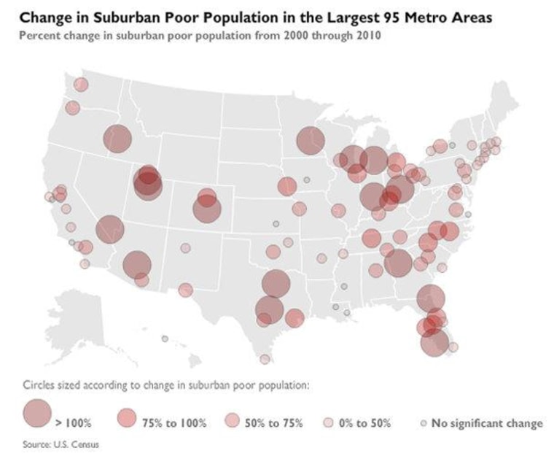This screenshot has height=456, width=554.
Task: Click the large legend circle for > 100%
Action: (x=37, y=414)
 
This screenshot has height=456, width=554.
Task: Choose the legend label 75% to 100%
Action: (x=173, y=422)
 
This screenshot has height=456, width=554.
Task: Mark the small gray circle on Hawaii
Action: (x=165, y=339)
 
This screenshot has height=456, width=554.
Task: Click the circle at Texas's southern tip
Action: (x=265, y=359)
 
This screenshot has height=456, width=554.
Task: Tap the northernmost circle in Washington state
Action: (x=81, y=85)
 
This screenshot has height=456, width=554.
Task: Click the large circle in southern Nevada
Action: (x=110, y=229)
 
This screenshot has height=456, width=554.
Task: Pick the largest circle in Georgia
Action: (x=398, y=263)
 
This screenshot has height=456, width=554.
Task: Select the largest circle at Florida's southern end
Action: (x=434, y=342)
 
